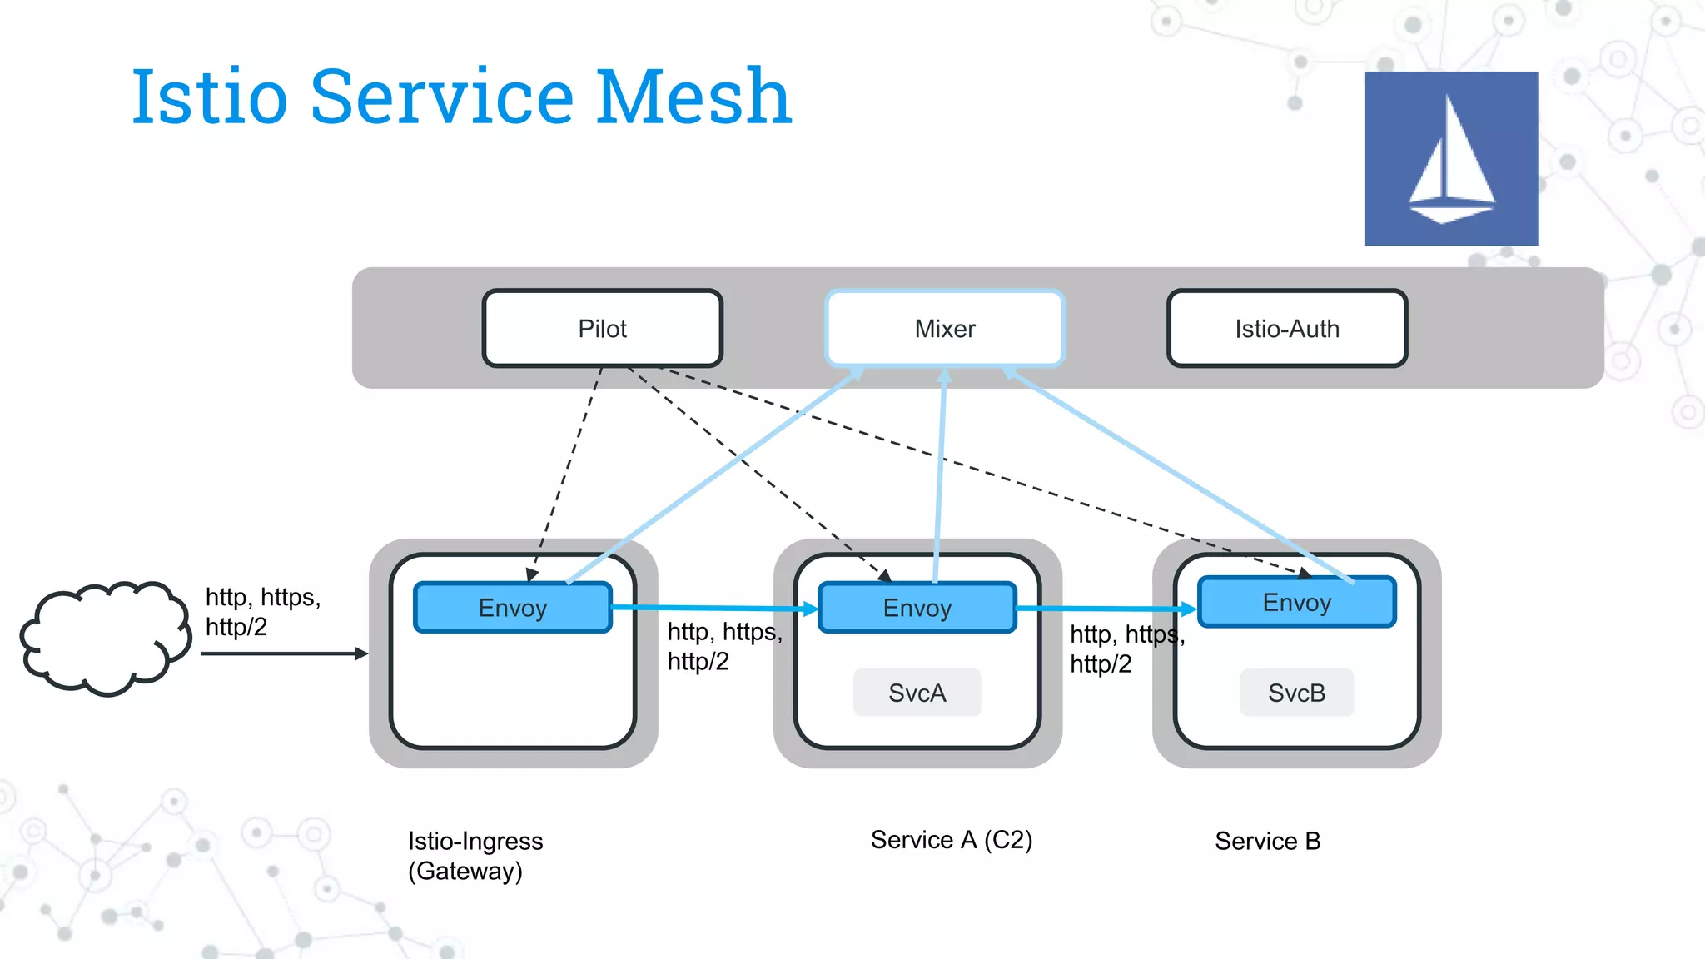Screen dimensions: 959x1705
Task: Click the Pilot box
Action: click(602, 328)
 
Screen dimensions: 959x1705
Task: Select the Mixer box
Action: click(945, 328)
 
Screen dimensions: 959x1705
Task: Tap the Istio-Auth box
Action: click(1287, 328)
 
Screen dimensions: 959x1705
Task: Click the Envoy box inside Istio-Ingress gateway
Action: click(513, 608)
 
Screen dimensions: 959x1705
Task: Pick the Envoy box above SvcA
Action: click(917, 608)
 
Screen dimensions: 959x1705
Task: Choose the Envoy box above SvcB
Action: click(1296, 602)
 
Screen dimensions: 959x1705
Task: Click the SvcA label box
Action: click(917, 693)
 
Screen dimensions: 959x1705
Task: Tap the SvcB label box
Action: click(1296, 693)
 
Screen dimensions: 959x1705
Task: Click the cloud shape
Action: click(104, 638)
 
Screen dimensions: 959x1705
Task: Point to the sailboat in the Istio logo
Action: click(1451, 162)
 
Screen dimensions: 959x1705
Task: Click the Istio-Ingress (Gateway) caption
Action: click(475, 856)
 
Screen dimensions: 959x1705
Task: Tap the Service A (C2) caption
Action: click(951, 840)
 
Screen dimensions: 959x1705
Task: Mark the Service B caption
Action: click(1267, 841)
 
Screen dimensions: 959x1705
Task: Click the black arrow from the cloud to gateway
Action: click(283, 653)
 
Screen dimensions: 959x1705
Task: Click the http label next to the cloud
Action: click(262, 612)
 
